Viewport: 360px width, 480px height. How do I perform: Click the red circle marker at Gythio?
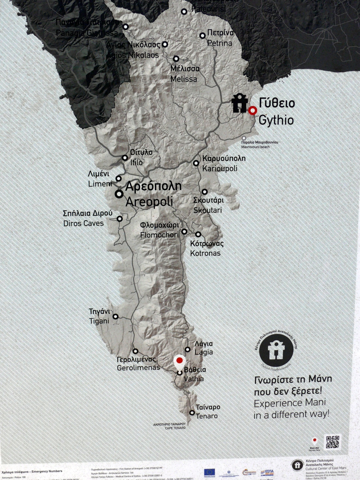click(252, 110)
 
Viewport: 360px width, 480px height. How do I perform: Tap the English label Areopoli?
click(149, 202)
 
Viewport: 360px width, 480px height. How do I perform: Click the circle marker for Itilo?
click(125, 158)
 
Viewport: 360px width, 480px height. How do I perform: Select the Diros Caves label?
click(83, 223)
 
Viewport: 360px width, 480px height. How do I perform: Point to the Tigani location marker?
click(115, 316)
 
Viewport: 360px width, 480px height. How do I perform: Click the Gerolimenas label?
click(139, 367)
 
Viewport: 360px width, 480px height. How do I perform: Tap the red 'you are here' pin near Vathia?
click(179, 361)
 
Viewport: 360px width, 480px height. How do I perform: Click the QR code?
click(333, 442)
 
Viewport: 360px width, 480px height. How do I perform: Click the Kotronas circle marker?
click(198, 234)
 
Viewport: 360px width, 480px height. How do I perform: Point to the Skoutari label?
click(207, 210)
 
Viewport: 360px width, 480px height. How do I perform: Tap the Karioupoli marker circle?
click(196, 163)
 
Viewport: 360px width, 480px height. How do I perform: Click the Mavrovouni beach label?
click(255, 147)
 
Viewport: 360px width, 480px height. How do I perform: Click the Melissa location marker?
click(176, 59)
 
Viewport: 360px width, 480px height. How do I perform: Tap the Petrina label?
click(220, 43)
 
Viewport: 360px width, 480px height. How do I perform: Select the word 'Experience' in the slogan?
click(274, 403)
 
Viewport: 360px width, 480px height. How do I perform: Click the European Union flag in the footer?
click(209, 472)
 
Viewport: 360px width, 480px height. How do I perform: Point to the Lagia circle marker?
click(188, 349)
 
